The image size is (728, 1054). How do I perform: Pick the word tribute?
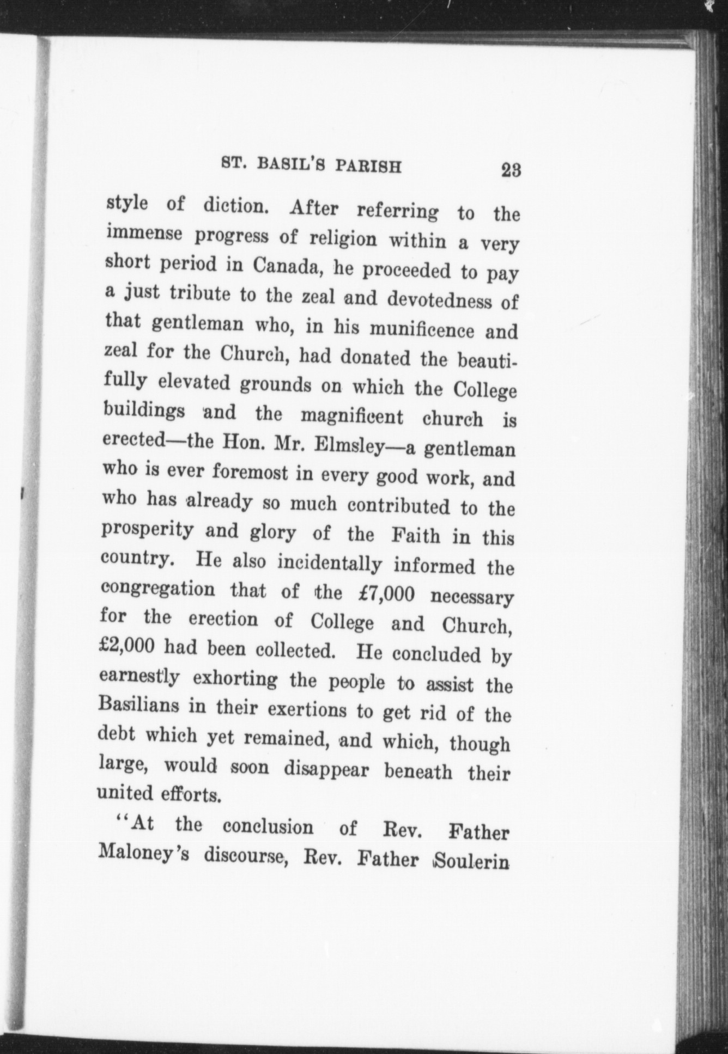(x=201, y=293)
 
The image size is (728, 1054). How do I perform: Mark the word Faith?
(x=415, y=536)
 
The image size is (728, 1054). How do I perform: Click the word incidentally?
(x=329, y=563)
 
